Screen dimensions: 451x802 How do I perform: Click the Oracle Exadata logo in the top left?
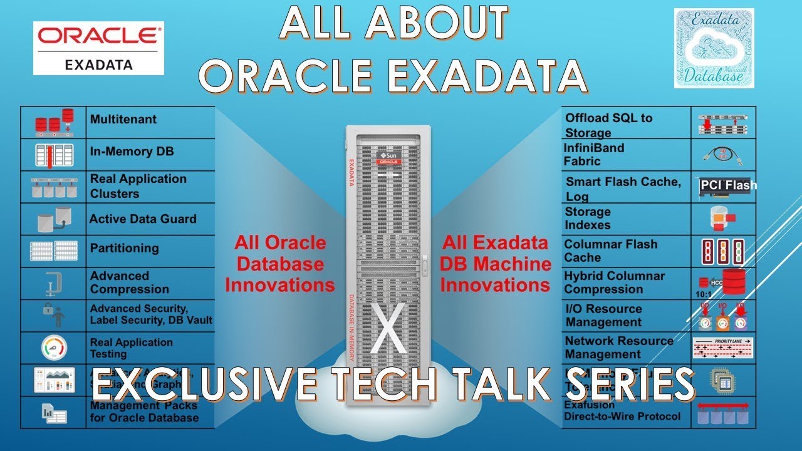[98, 48]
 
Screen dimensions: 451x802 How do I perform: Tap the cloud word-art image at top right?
[714, 48]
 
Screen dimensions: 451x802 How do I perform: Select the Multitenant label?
[123, 119]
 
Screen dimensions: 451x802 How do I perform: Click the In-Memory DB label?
[132, 152]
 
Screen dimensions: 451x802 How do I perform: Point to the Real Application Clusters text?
[138, 186]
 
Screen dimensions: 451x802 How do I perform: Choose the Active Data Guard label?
[143, 219]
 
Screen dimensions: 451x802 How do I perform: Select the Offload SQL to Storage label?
[608, 125]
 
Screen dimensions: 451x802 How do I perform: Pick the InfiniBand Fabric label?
[594, 154]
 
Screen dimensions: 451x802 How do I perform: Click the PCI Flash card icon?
[724, 187]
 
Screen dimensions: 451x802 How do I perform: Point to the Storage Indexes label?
[588, 218]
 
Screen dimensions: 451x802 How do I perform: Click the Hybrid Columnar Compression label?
[614, 283]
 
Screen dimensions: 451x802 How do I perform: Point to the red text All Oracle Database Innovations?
[279, 264]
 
